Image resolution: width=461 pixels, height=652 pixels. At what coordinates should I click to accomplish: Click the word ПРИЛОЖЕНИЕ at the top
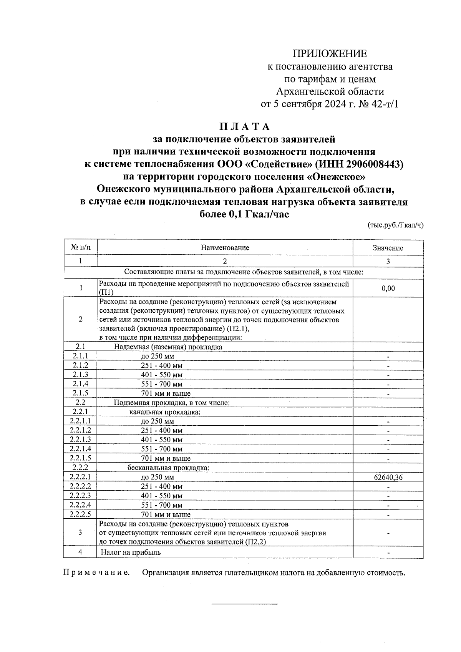pos(330,54)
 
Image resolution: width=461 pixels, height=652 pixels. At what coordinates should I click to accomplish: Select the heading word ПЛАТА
pos(244,126)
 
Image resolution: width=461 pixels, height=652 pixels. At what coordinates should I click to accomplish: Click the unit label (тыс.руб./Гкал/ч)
pos(396,226)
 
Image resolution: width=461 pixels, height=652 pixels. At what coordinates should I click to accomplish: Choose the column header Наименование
pos(225,248)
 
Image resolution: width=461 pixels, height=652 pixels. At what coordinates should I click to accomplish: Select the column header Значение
pos(388,248)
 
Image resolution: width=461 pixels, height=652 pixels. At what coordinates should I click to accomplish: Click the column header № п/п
pos(80,247)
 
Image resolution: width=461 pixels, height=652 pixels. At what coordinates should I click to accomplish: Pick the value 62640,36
pos(388,478)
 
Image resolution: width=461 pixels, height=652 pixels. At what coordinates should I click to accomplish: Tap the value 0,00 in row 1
pos(388,289)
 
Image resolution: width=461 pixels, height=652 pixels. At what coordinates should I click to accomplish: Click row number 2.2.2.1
pos(80,477)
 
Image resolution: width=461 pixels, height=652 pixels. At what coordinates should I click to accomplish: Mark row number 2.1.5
pos(80,393)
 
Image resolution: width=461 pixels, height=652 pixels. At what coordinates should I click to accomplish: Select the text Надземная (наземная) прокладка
pos(168,347)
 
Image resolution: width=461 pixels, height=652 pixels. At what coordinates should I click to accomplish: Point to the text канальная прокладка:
pos(165,412)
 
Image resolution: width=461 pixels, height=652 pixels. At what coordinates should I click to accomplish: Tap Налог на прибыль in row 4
pos(131,552)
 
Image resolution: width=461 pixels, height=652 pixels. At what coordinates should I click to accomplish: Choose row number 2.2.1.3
pos(80,440)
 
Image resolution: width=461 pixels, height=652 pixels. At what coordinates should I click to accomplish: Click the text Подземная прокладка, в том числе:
pos(172,403)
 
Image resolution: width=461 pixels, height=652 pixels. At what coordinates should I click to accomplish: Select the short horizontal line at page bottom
pos(244,604)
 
